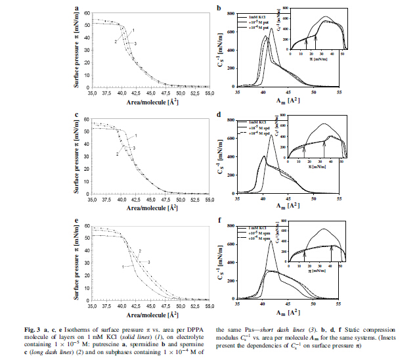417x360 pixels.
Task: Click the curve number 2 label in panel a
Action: tap(116, 42)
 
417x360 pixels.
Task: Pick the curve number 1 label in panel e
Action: tap(123, 266)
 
